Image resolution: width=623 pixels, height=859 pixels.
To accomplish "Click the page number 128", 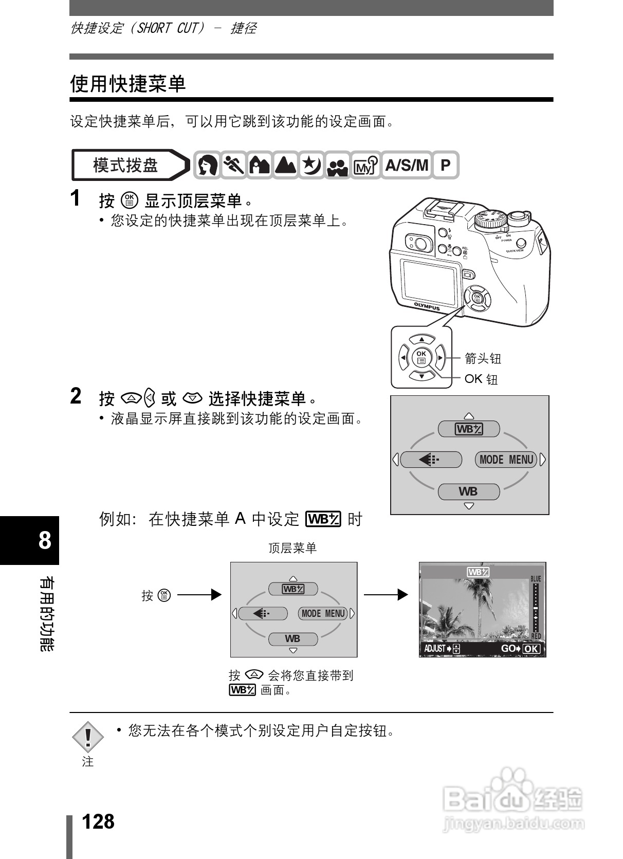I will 98,821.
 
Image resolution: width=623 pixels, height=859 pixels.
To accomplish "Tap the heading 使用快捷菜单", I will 127,83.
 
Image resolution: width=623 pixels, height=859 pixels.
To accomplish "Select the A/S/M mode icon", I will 406,165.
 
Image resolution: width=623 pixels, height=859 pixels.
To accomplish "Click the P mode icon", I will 445,165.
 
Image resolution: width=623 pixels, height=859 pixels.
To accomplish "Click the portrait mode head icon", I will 207,165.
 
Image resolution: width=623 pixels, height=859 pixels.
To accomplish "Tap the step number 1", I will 76,198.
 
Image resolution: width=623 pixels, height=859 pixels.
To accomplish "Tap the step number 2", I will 76,396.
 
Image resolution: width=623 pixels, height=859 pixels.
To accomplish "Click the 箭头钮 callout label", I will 482,358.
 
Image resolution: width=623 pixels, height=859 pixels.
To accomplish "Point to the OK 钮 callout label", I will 481,379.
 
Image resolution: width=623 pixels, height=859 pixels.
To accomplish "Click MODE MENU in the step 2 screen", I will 506,460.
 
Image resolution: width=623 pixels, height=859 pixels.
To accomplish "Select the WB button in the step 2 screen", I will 468,491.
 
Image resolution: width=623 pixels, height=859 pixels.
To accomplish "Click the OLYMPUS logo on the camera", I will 427,306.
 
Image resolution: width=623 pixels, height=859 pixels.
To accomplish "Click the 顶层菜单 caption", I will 292,548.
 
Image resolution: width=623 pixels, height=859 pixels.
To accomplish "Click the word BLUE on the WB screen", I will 536,578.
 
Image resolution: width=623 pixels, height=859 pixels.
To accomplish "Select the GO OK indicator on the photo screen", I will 520,648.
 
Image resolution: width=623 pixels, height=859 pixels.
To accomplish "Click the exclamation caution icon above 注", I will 88,736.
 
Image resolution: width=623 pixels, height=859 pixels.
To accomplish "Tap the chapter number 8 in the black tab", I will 45,540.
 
